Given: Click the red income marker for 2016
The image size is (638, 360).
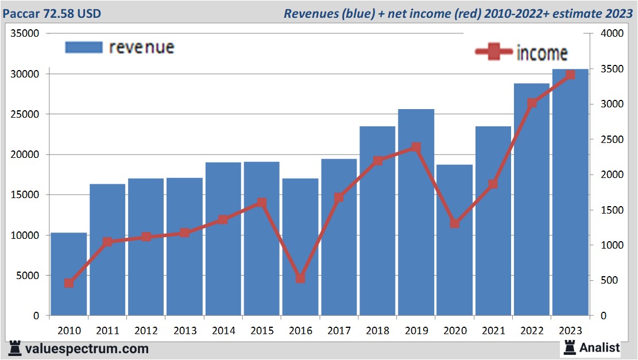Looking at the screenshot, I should tap(300, 278).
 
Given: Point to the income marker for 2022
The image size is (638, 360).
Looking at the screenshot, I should tap(532, 103).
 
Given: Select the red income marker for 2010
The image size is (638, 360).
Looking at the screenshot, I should tap(69, 283).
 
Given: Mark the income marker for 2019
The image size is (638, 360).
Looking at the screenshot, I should tap(416, 148).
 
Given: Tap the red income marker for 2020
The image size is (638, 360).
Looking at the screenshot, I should tap(454, 223).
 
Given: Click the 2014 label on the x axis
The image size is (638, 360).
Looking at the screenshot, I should tap(223, 331).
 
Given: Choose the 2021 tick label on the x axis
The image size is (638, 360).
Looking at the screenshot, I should tap(493, 331).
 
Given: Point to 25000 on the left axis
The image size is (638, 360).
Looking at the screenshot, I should tap(26, 114).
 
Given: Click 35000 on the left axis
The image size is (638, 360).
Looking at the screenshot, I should tap(26, 33).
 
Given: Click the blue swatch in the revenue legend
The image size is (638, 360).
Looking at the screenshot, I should tap(84, 47).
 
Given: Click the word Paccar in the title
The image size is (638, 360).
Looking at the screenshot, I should tap(21, 13).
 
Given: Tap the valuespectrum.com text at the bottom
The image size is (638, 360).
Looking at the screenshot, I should tap(87, 349).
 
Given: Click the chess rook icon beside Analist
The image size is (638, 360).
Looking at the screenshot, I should tap(570, 347).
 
